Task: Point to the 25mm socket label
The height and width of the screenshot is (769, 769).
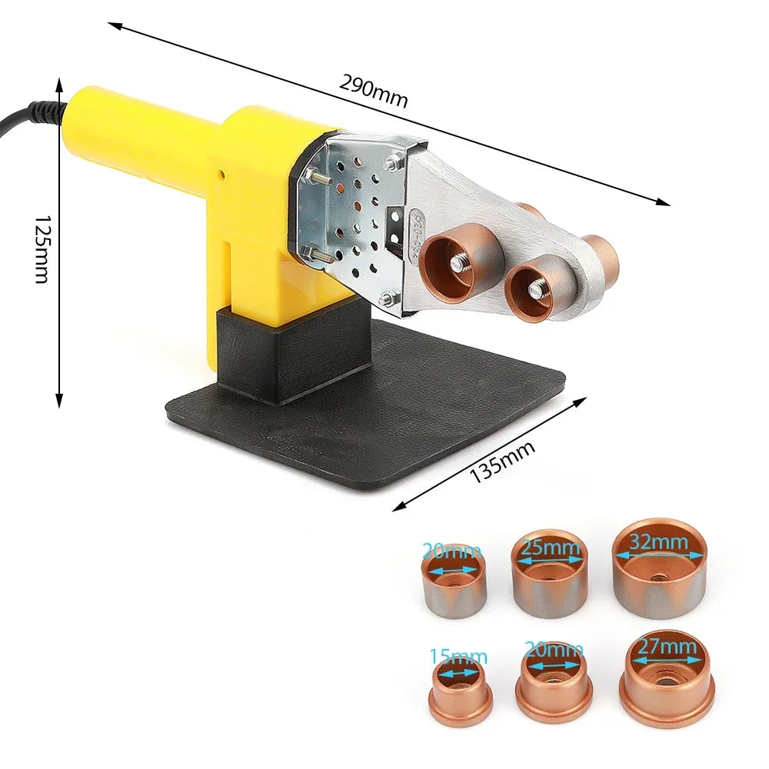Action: coord(550,548)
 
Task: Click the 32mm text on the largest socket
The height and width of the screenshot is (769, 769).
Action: coord(658,542)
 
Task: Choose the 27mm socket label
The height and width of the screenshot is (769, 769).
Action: coord(667,647)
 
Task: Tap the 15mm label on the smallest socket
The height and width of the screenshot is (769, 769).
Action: coord(458,657)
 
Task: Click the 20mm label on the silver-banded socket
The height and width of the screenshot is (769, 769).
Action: coord(452,551)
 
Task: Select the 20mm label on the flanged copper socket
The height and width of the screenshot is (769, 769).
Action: coord(554,649)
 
